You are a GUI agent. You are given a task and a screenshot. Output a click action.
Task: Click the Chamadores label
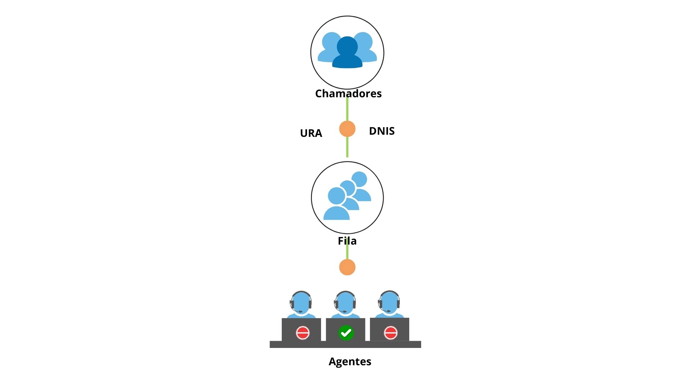(348, 94)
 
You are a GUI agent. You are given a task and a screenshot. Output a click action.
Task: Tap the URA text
(311, 133)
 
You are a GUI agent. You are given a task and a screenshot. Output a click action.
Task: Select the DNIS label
(382, 131)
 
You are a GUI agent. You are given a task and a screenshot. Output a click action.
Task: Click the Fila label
(347, 241)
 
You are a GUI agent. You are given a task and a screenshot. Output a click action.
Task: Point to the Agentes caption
(350, 362)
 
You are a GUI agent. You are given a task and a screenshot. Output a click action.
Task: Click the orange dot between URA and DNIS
(347, 129)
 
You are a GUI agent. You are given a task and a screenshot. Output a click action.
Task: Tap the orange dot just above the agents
(347, 267)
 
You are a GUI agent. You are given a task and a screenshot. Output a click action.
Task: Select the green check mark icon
(346, 333)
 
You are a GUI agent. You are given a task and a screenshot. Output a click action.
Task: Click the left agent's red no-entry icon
(303, 333)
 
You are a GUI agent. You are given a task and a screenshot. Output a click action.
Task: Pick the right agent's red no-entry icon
(390, 333)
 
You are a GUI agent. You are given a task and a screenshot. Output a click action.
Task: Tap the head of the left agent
(301, 303)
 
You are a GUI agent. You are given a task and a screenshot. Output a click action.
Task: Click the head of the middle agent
(345, 303)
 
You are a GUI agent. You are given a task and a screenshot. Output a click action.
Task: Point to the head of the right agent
(389, 303)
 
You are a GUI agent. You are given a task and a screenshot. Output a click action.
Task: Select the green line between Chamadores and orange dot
(347, 109)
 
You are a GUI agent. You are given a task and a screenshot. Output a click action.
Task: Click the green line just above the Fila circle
(347, 147)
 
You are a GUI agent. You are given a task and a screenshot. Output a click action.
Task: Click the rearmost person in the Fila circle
(361, 186)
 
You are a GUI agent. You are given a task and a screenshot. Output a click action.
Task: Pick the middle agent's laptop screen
(345, 330)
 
